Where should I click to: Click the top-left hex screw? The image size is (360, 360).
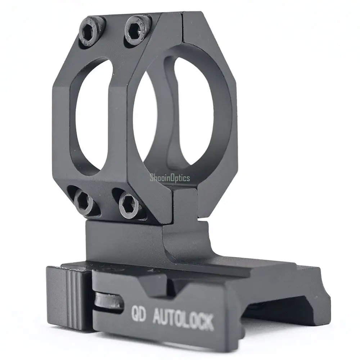tap(92, 31)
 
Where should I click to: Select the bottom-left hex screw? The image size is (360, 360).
tap(85, 202)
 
